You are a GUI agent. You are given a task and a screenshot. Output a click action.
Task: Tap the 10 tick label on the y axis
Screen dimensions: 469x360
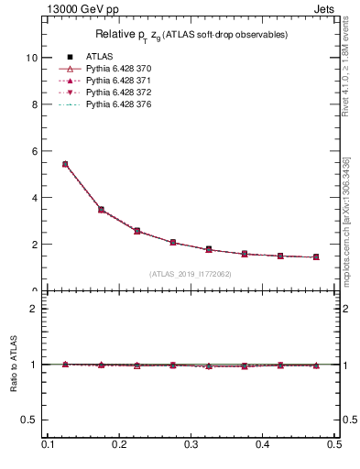coord(30,57)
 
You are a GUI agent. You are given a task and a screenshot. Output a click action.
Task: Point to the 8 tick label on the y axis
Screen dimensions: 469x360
coord(33,104)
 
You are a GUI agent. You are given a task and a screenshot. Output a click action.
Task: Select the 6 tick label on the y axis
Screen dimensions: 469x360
coord(33,150)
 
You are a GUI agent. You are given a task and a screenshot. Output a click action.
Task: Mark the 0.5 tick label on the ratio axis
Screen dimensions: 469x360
coord(28,420)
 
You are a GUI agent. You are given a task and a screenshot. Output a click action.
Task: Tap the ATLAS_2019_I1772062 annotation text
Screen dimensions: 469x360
coord(191,274)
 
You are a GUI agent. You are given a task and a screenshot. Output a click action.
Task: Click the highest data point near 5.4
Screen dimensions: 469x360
coord(65,164)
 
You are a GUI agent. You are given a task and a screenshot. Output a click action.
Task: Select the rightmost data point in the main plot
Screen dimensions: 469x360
coord(316,256)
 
